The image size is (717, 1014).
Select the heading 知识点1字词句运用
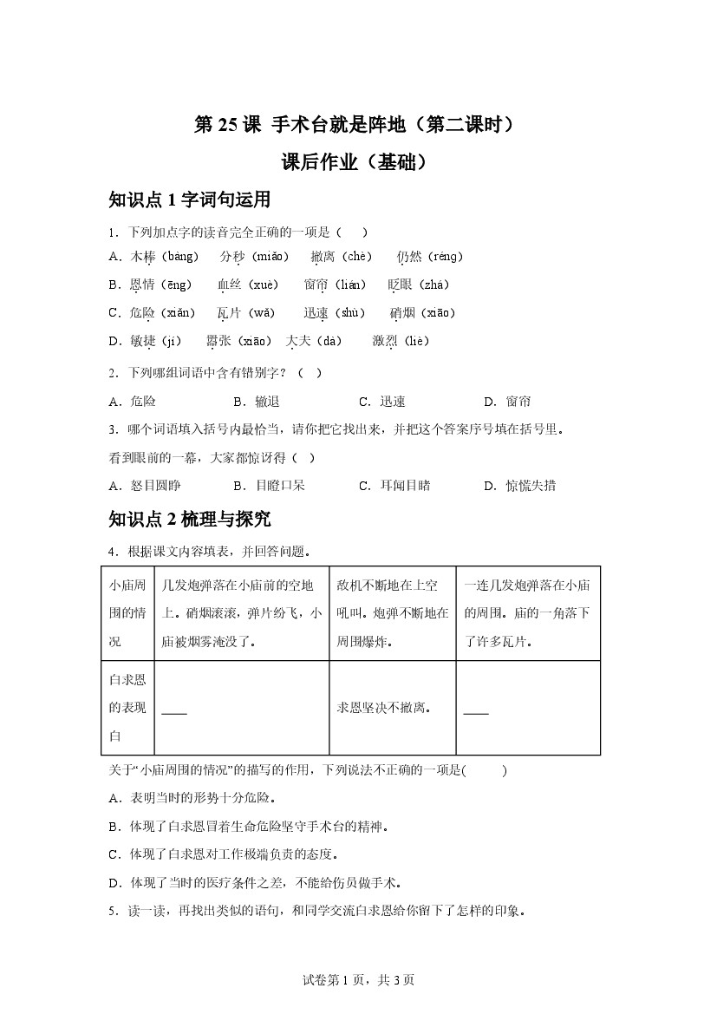190,200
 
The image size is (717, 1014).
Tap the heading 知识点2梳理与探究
190,519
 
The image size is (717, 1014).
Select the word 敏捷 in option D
144,341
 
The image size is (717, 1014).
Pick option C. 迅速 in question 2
382,402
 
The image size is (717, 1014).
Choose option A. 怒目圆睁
145,486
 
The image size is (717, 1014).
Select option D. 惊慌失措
519,486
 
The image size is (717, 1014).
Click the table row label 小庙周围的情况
127,613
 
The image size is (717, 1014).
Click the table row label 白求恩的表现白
127,708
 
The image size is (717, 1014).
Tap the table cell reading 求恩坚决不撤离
383,708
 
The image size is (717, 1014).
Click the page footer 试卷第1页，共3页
358,980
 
